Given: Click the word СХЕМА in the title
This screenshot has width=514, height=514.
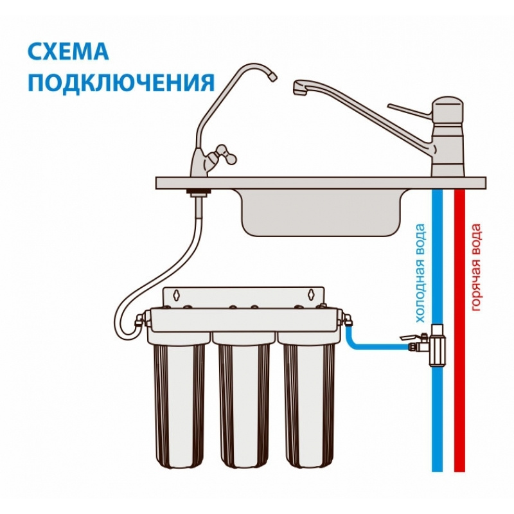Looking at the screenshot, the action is (68, 51).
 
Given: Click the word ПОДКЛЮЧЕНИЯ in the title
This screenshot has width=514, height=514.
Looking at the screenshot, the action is (121, 82).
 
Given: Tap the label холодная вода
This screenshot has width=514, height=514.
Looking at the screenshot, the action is (420, 273).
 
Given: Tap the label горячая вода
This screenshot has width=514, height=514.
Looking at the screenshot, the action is (476, 267).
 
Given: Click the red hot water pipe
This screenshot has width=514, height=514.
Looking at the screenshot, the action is (459, 330).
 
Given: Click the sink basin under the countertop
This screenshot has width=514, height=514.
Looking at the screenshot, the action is (321, 213).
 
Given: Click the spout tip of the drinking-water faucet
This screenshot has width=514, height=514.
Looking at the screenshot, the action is (272, 76).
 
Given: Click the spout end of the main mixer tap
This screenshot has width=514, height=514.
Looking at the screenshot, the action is (299, 89).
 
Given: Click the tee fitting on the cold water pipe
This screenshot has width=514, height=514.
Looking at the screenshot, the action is (437, 345).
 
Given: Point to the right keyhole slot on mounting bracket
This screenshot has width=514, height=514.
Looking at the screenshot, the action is (310, 294).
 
